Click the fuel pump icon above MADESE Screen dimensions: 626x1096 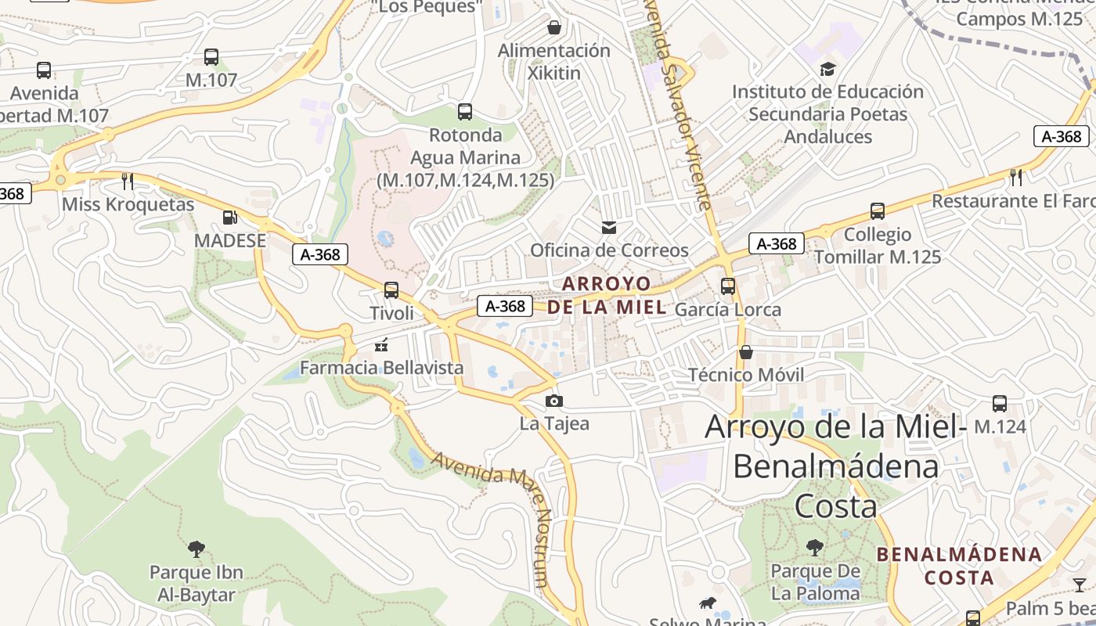[229, 218]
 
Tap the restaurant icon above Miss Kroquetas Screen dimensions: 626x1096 [128, 182]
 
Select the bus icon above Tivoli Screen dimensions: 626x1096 [391, 290]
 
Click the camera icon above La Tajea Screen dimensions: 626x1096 [554, 401]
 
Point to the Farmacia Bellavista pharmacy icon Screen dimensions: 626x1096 [382, 344]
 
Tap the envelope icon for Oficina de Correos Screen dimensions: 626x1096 [609, 228]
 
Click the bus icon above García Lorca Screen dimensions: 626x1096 [728, 286]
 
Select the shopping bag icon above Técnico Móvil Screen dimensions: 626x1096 [746, 352]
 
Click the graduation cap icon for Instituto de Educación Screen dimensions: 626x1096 [827, 69]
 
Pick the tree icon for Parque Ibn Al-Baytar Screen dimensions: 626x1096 [196, 549]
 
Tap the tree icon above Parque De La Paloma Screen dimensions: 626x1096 [815, 547]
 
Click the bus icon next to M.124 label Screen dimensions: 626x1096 [1000, 404]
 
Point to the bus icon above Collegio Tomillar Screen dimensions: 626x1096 [878, 211]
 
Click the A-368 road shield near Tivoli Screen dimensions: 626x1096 [320, 254]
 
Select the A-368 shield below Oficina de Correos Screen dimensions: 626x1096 [505, 306]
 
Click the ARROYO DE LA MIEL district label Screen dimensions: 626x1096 [607, 295]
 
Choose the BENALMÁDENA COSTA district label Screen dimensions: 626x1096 [959, 566]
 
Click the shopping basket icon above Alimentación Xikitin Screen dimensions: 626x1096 [554, 27]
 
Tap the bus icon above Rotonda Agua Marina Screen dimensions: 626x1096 [465, 112]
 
